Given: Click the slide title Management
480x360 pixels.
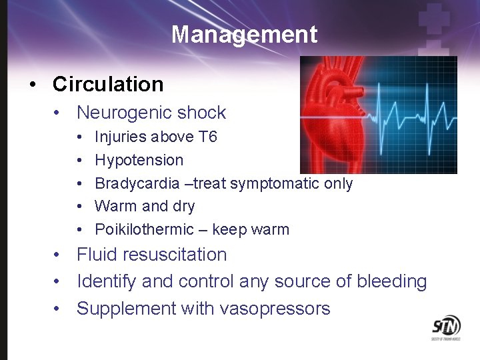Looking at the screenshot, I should [244, 34].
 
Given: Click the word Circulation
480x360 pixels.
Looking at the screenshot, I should [108, 85].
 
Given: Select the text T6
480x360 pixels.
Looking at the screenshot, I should [208, 137].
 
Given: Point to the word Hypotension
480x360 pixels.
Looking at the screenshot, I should [139, 161].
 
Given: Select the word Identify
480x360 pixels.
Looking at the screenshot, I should [107, 282].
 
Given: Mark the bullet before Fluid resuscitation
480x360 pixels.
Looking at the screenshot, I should [59, 255].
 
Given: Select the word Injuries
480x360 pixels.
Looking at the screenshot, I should [122, 137].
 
